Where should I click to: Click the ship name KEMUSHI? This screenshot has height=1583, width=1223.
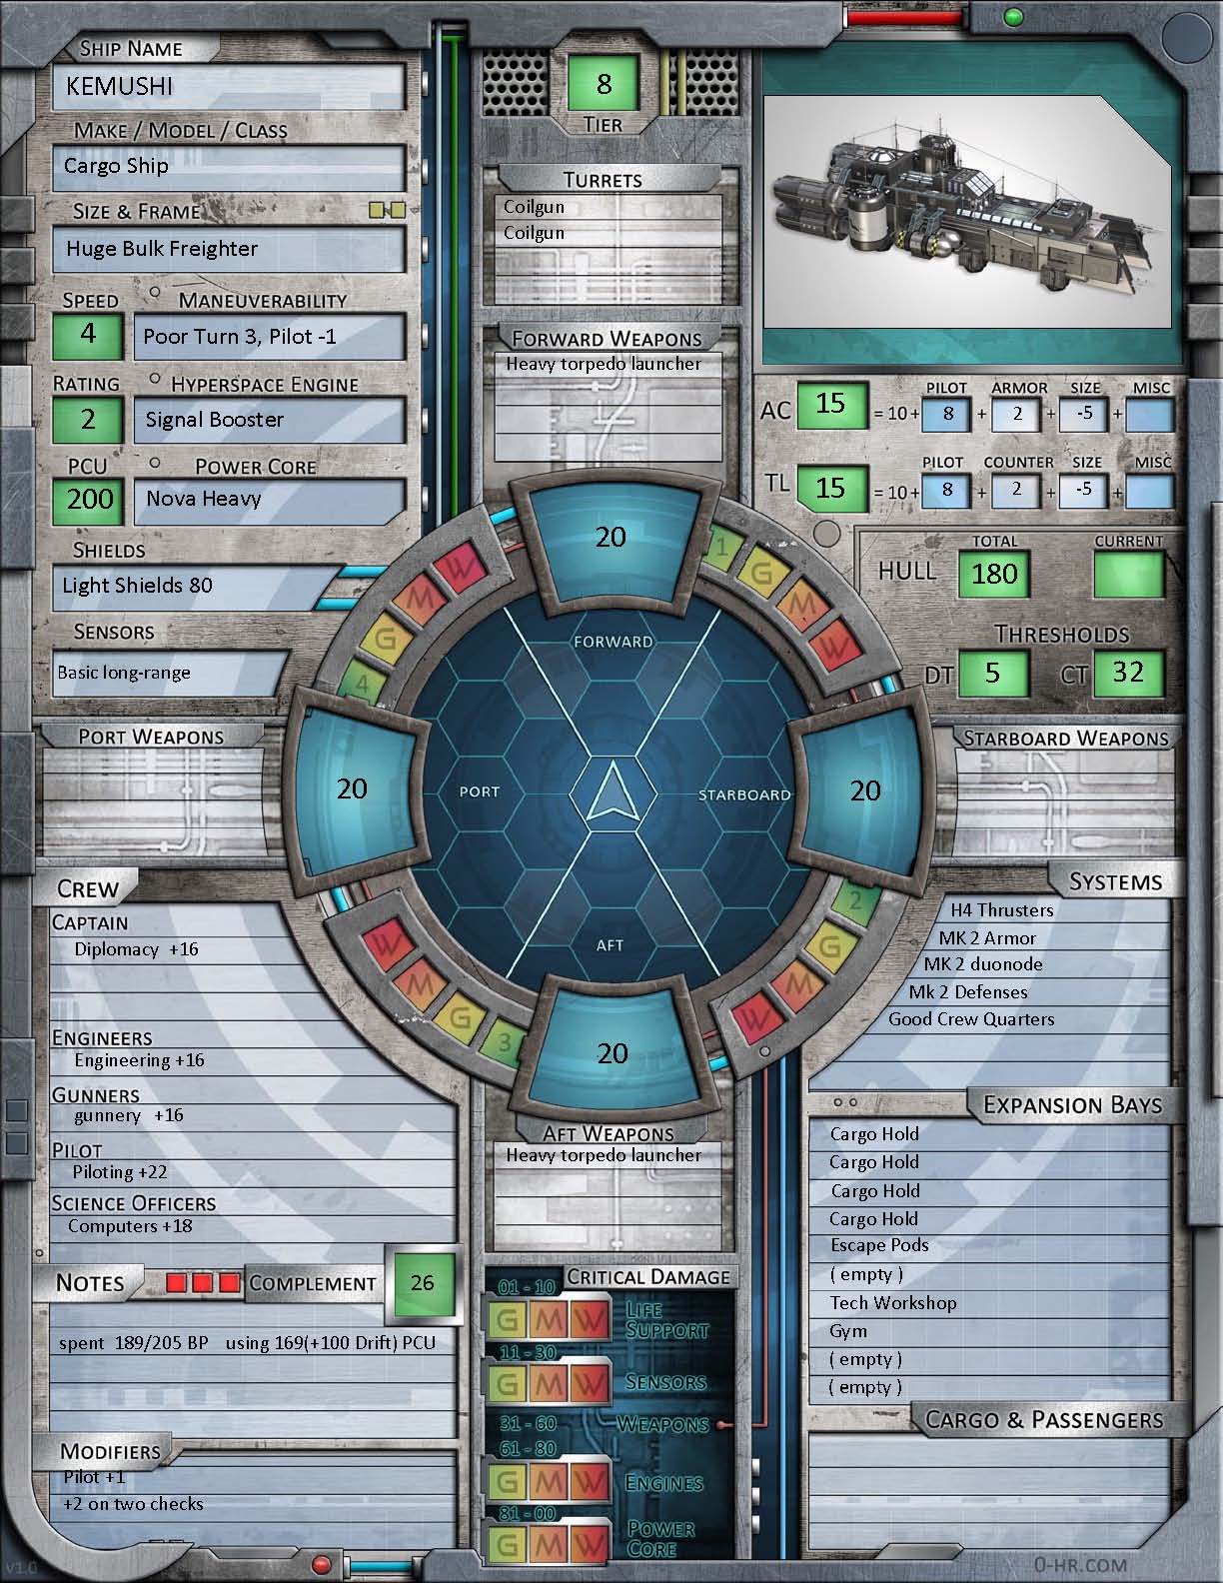click(120, 87)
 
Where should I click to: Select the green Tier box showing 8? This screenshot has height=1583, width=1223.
click(604, 83)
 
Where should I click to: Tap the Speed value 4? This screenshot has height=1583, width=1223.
click(88, 334)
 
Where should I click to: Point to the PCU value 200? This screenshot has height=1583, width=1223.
click(90, 499)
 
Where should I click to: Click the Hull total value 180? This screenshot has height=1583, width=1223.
click(994, 574)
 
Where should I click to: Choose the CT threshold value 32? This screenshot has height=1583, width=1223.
click(1128, 673)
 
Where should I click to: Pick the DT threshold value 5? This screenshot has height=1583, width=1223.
click(992, 673)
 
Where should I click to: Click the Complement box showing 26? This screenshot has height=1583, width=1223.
click(422, 1282)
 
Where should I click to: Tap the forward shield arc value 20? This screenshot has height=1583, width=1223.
click(611, 537)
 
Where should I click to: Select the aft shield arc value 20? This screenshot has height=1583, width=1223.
click(611, 1053)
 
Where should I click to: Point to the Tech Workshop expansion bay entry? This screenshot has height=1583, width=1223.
click(893, 1303)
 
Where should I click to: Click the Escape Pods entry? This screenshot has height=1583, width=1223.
click(879, 1246)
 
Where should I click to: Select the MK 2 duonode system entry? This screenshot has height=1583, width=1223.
click(982, 964)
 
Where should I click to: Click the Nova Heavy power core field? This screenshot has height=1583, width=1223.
click(204, 499)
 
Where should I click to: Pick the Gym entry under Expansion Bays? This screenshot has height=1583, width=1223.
click(848, 1331)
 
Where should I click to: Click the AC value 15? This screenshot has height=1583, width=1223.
click(830, 405)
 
